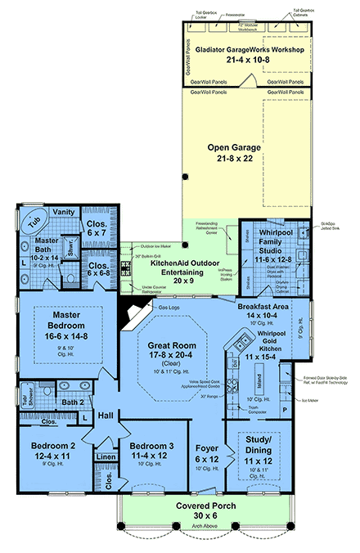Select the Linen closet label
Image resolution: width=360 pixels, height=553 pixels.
click(104, 456)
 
